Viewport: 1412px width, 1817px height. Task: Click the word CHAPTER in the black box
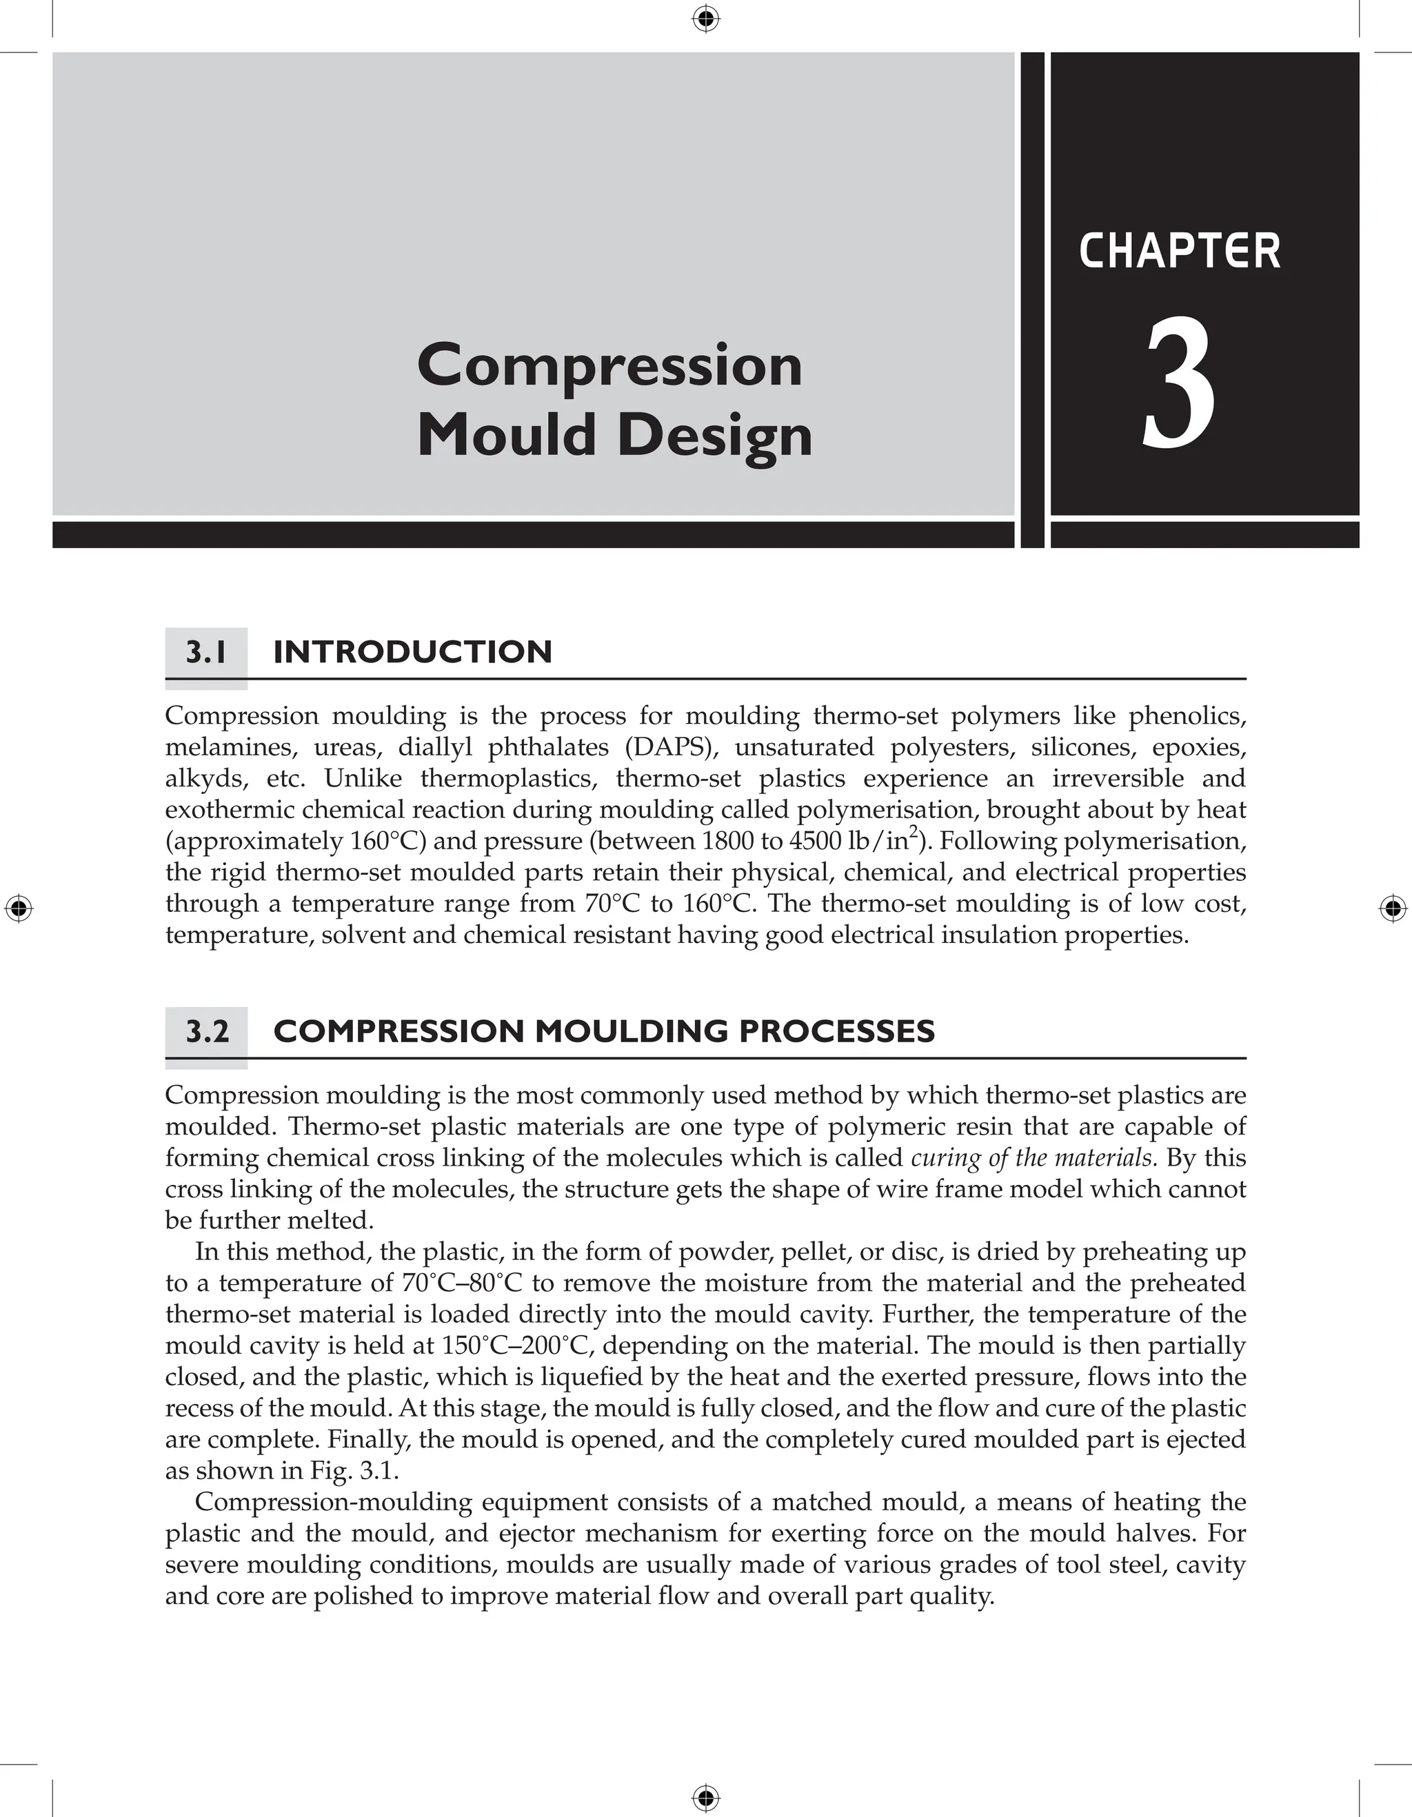pyautogui.click(x=1179, y=252)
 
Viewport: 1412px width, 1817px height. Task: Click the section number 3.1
pyautogui.click(x=205, y=651)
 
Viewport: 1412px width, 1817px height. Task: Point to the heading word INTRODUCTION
pyautogui.click(x=413, y=651)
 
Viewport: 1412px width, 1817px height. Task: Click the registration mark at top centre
pyautogui.click(x=705, y=19)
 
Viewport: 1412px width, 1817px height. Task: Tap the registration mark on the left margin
pyautogui.click(x=19, y=908)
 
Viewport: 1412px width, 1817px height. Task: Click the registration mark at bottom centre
pyautogui.click(x=705, y=1798)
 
